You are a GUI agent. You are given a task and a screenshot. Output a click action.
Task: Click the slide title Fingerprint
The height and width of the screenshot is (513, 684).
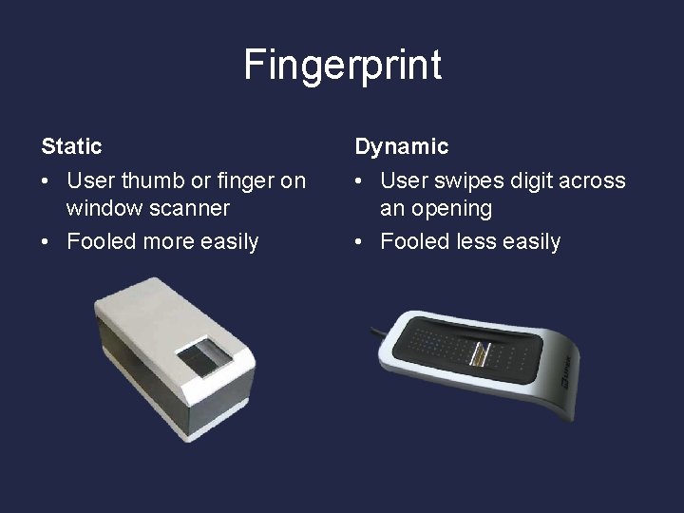342,65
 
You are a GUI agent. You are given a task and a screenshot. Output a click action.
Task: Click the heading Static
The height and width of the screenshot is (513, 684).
71,146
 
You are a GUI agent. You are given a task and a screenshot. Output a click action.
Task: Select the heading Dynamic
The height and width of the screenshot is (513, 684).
401,146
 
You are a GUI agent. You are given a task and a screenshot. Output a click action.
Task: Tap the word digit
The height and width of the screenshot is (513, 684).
527,180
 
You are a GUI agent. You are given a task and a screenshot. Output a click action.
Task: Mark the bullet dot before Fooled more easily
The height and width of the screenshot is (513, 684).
47,242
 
